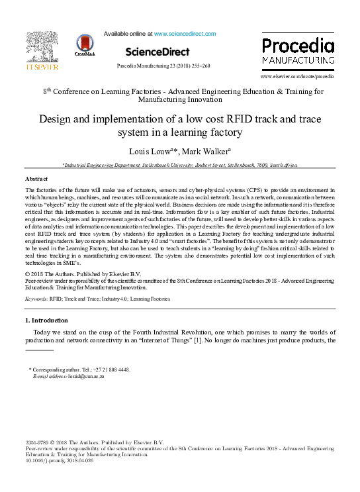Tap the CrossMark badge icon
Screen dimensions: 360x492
click(x=85, y=46)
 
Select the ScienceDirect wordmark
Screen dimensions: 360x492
click(x=157, y=52)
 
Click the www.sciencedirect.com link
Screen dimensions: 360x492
click(x=185, y=33)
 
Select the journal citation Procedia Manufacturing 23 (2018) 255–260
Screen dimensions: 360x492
click(x=163, y=66)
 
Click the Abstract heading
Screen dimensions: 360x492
click(x=36, y=179)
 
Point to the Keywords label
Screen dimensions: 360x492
click(x=36, y=299)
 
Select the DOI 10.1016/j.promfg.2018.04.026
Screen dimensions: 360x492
click(x=59, y=460)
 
